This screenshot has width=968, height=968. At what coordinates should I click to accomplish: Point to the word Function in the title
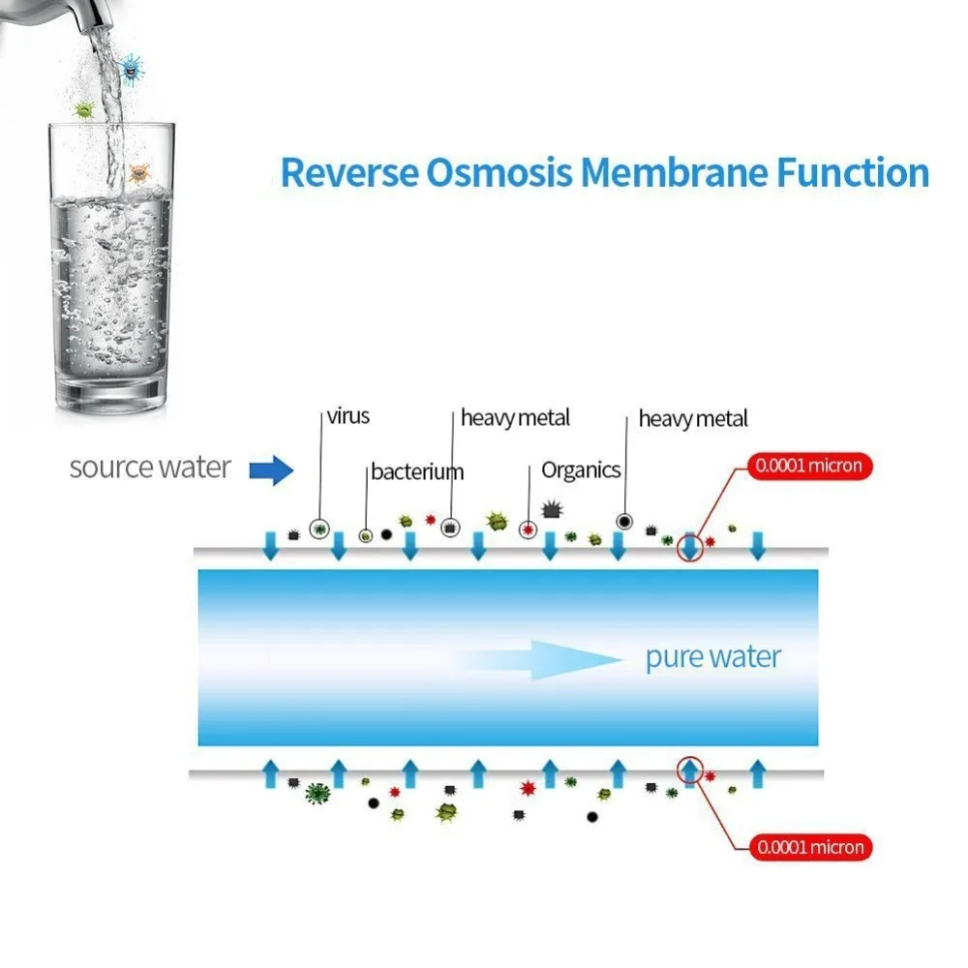point(853,173)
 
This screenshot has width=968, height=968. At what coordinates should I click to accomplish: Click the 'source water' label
point(150,468)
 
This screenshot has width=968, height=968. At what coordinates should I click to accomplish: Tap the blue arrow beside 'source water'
point(271,471)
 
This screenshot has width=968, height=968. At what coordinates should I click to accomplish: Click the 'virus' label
point(348,417)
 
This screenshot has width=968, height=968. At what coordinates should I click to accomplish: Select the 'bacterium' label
point(417,472)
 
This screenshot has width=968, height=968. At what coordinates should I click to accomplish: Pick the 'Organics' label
point(581,470)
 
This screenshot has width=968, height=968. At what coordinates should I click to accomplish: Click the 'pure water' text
point(712,658)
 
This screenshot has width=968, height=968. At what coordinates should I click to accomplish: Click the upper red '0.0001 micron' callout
point(808,467)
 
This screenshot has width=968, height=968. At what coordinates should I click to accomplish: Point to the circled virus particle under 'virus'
point(318,529)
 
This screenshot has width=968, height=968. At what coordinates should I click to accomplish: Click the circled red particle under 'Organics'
point(528,529)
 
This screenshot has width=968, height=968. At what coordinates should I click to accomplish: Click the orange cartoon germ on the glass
point(139,174)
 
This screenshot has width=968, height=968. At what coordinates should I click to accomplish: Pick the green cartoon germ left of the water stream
point(85,109)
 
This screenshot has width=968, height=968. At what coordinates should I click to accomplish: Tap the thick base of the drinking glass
point(111,392)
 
